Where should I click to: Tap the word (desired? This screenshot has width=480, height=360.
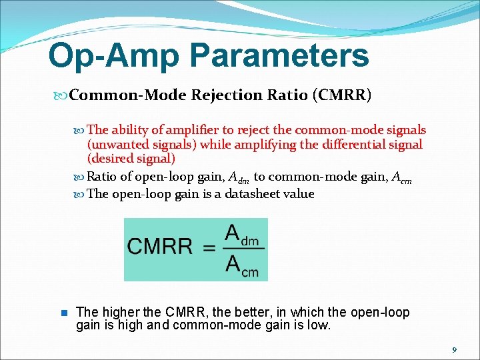coord(109,159)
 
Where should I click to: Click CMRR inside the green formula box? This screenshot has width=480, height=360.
coord(160,247)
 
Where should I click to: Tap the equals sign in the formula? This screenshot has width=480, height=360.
coord(209,247)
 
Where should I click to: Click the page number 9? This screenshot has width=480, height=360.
coord(454,349)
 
